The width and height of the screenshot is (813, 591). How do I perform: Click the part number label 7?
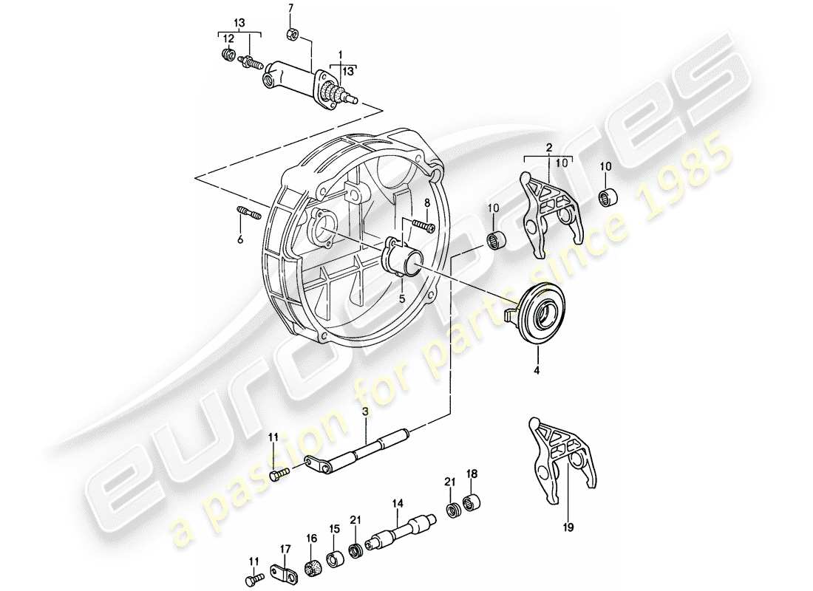(x=290, y=8)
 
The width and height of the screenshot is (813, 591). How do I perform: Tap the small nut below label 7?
(x=291, y=34)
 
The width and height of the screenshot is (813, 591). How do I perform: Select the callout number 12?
(x=230, y=38)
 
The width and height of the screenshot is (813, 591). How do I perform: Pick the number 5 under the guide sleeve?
(x=401, y=299)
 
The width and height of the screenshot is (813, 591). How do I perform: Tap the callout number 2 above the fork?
(x=548, y=149)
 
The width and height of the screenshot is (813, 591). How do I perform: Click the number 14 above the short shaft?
(x=398, y=504)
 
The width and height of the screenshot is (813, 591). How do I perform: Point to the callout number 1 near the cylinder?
(x=341, y=55)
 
